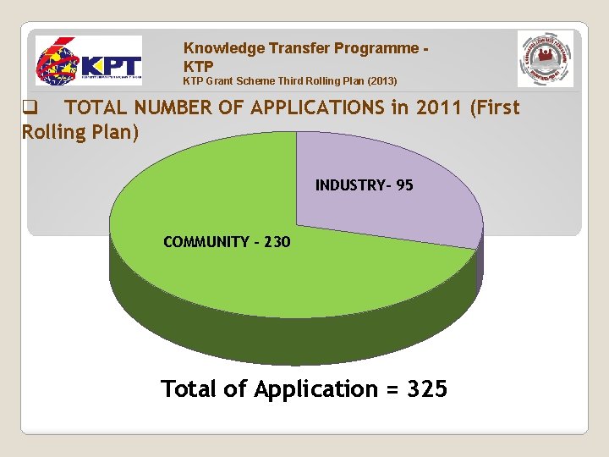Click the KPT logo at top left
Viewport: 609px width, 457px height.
[x=88, y=60]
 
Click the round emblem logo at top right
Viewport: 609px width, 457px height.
[x=546, y=58]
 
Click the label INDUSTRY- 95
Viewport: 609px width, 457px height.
[x=365, y=185]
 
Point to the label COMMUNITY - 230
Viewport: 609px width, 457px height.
[x=227, y=242]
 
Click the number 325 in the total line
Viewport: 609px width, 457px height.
[x=427, y=389]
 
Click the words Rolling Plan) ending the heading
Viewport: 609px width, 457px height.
[x=80, y=132]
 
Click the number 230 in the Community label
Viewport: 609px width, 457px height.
[x=277, y=242]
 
